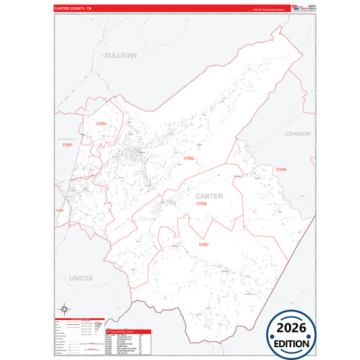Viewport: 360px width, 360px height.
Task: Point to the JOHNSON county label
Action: tap(297, 134)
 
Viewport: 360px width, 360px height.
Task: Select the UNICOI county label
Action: tap(80, 278)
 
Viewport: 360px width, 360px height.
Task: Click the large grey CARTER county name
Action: tap(209, 196)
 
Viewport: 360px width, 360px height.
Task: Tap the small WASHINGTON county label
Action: tap(65, 140)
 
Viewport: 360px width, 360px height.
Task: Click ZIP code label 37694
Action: tap(101, 124)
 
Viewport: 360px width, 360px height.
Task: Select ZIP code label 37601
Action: tap(67, 145)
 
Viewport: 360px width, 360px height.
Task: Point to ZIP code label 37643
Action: tap(189, 159)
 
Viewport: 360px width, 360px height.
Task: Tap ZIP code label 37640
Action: tap(281, 170)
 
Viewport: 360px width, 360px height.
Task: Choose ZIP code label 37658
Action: tap(201, 203)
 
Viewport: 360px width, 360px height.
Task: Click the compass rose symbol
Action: tap(66, 310)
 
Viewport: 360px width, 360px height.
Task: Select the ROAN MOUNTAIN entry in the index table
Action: tap(121, 350)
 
